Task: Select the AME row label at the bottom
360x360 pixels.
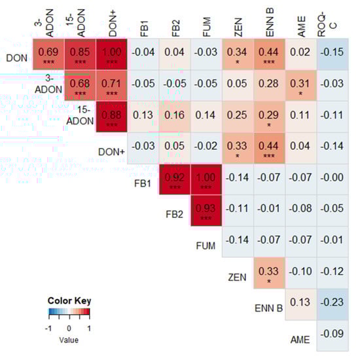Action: coord(300,339)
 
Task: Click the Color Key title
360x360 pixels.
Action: coord(69,300)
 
